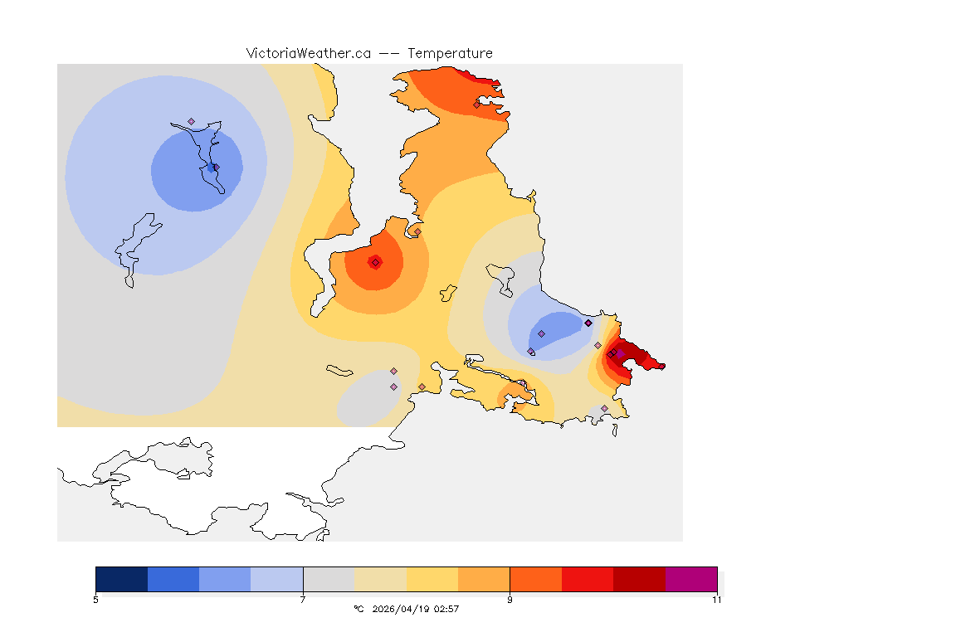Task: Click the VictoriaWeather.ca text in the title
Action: coord(308,53)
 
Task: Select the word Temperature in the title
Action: coord(450,53)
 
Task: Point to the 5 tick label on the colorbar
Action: coord(96,599)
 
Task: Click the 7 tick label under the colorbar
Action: coord(303,599)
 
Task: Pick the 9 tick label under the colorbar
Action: coord(510,599)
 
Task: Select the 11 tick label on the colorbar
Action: coord(717,599)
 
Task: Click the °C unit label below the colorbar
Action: coord(358,609)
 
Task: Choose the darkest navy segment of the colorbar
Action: coord(122,579)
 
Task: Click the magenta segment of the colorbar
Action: coord(691,579)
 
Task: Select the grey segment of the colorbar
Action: coord(329,579)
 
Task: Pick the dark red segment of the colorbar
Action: coord(639,579)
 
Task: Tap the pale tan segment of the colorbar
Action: coord(380,579)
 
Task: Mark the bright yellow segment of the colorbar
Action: coord(432,579)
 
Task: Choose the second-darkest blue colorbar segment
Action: coord(173,579)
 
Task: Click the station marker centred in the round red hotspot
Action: coord(376,262)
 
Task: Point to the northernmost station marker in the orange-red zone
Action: coord(477,105)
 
